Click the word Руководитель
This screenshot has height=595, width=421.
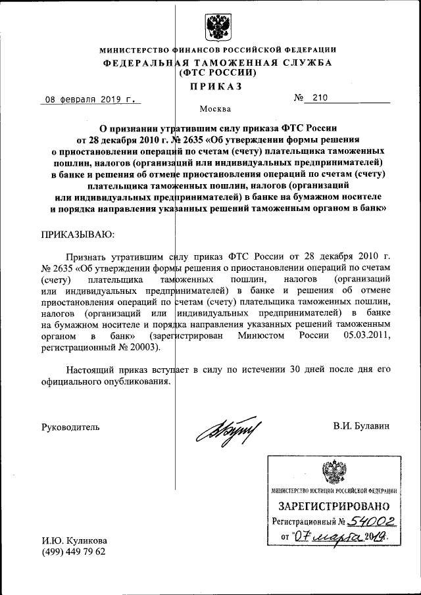tap(70, 426)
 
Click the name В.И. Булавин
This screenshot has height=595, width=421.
tap(361, 426)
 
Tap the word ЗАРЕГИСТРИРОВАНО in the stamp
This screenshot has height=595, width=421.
tap(334, 507)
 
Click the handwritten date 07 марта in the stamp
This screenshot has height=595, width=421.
tap(328, 538)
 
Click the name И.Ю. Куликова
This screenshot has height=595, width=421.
tap(74, 540)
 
